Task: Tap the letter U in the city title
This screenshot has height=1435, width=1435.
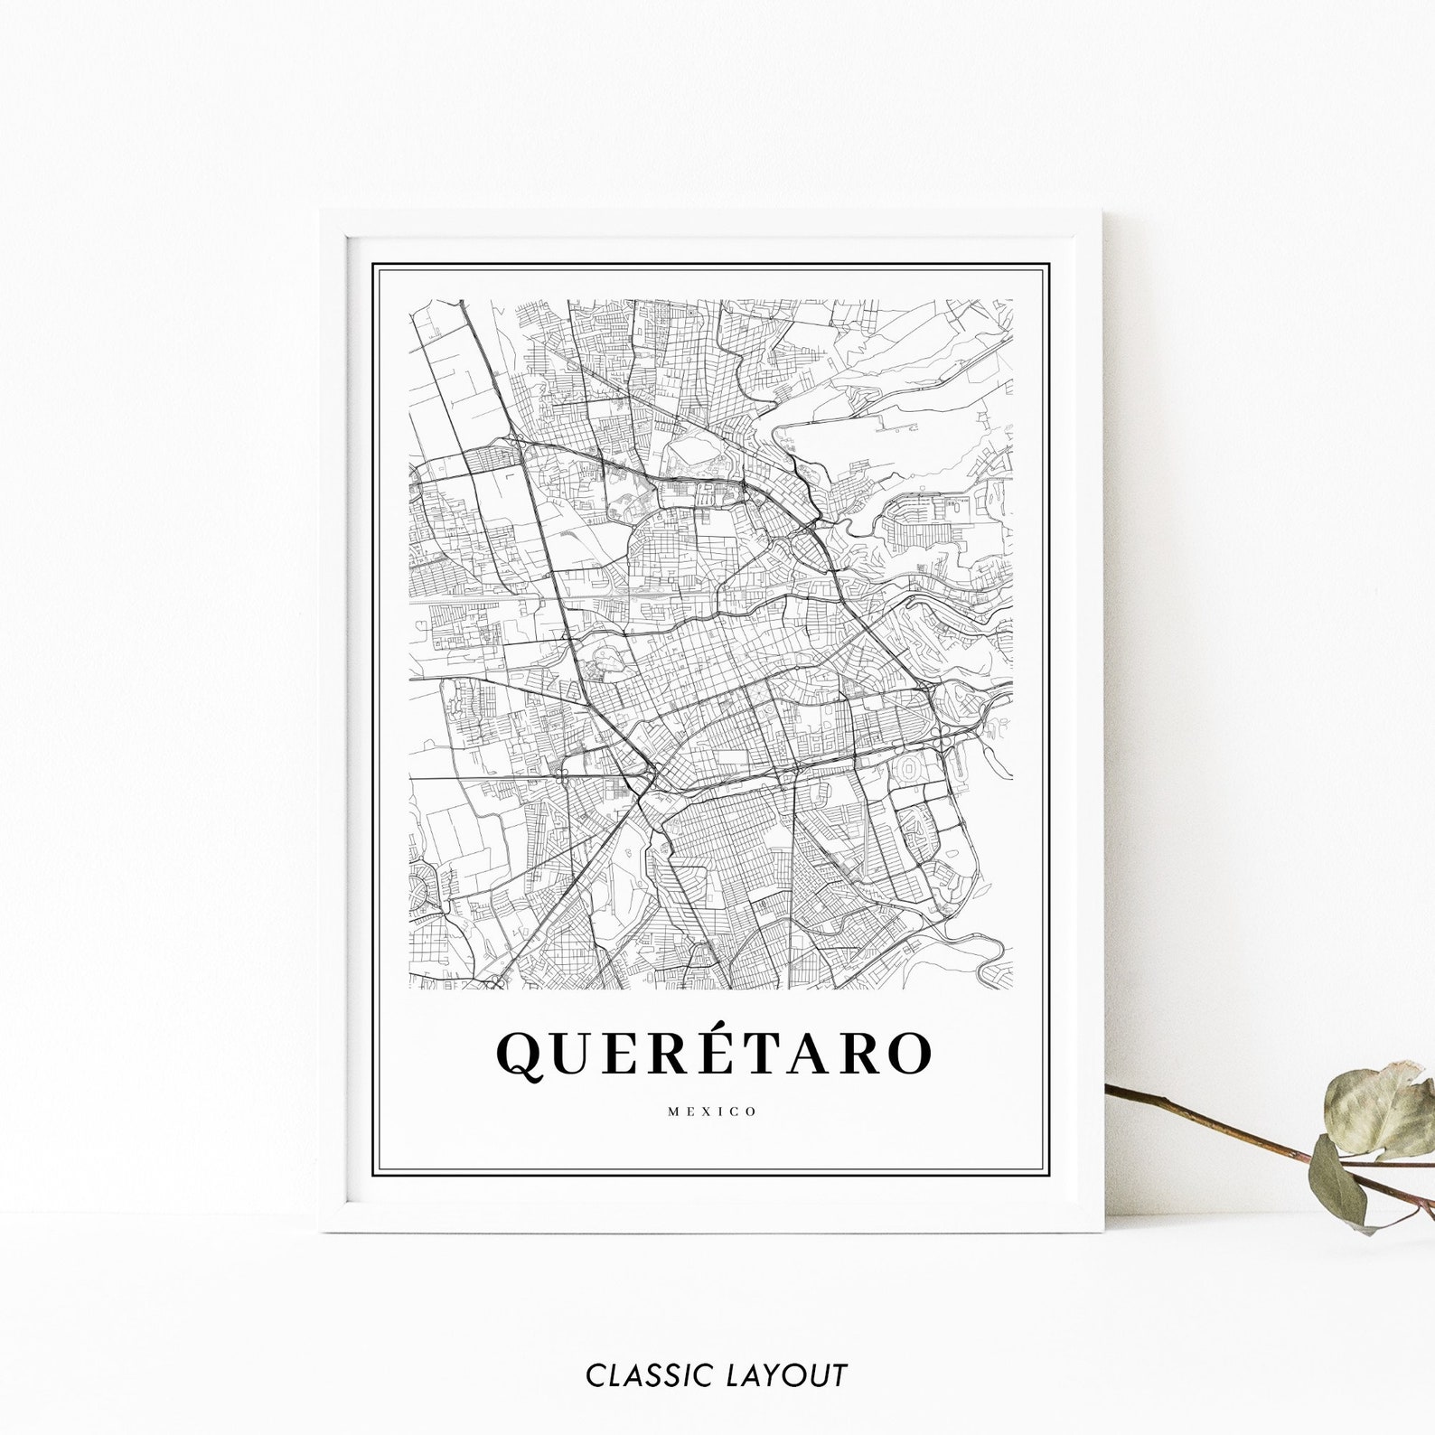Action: (576, 1054)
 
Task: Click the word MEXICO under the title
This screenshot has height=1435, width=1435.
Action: (712, 1111)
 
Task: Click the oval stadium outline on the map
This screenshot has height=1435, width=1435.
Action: (908, 769)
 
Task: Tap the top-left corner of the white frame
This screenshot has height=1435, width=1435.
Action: (324, 213)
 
